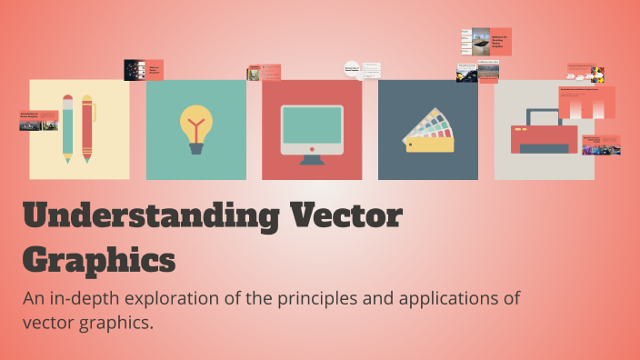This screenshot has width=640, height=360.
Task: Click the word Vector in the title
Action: (x=345, y=218)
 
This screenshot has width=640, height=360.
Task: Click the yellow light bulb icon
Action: (x=195, y=122)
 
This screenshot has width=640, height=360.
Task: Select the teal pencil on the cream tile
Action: (x=68, y=128)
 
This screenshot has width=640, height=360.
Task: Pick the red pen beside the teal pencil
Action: (x=87, y=128)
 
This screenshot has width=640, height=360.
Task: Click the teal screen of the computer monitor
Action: (x=312, y=125)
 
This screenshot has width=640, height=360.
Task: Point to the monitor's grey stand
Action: (x=312, y=159)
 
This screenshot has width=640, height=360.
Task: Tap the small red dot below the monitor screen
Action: (x=312, y=148)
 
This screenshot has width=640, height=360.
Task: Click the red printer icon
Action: (x=544, y=136)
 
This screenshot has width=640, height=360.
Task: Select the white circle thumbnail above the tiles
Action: (x=353, y=69)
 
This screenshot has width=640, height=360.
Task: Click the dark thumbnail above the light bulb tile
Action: (x=135, y=70)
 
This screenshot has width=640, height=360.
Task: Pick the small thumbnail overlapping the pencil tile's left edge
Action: (x=38, y=120)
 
